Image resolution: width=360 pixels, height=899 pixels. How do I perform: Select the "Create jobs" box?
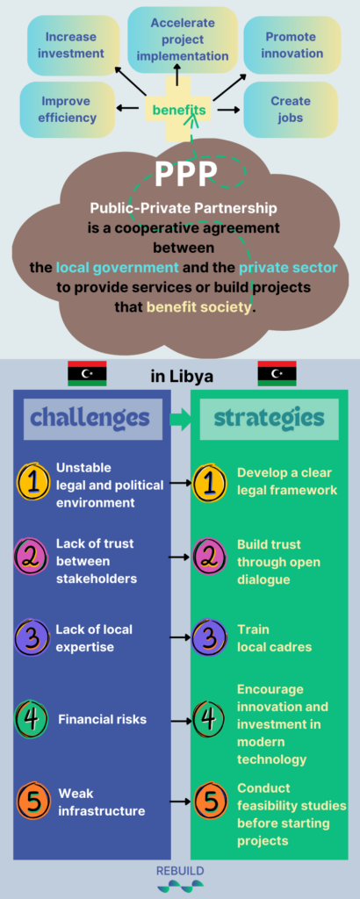tap(290, 110)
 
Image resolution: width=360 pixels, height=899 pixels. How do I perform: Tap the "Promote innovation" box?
tap(292, 46)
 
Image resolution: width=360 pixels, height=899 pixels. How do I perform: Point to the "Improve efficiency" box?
tap(67, 110)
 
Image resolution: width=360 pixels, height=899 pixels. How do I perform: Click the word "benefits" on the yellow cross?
tap(179, 109)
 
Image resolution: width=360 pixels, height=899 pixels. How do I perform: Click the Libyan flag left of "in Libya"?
tap(87, 373)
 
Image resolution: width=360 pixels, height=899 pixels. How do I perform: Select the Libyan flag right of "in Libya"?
tap(277, 373)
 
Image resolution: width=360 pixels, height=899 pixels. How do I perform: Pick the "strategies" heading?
tap(269, 419)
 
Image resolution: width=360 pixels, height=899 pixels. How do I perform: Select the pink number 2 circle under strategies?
tap(210, 556)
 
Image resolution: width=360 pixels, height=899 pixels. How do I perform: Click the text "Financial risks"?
tap(103, 719)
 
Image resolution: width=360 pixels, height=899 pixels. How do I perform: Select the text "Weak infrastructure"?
tap(102, 802)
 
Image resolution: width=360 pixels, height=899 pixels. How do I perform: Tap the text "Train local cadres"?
tap(275, 638)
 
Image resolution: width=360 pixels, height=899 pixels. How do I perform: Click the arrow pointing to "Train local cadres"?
tap(180, 637)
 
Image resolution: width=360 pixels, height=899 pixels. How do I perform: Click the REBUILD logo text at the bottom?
tap(180, 871)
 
